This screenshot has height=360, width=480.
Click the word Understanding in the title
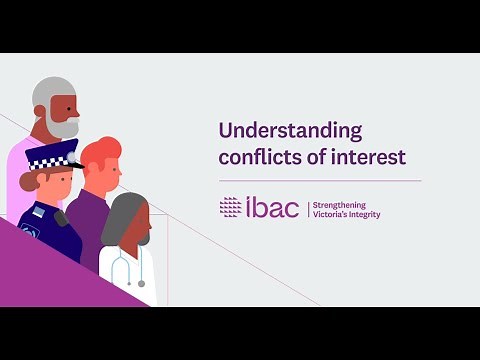click(275, 131)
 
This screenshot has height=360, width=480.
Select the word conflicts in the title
click(254, 157)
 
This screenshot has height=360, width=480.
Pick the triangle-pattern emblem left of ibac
click(230, 207)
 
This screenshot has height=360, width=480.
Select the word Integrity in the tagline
click(363, 214)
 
